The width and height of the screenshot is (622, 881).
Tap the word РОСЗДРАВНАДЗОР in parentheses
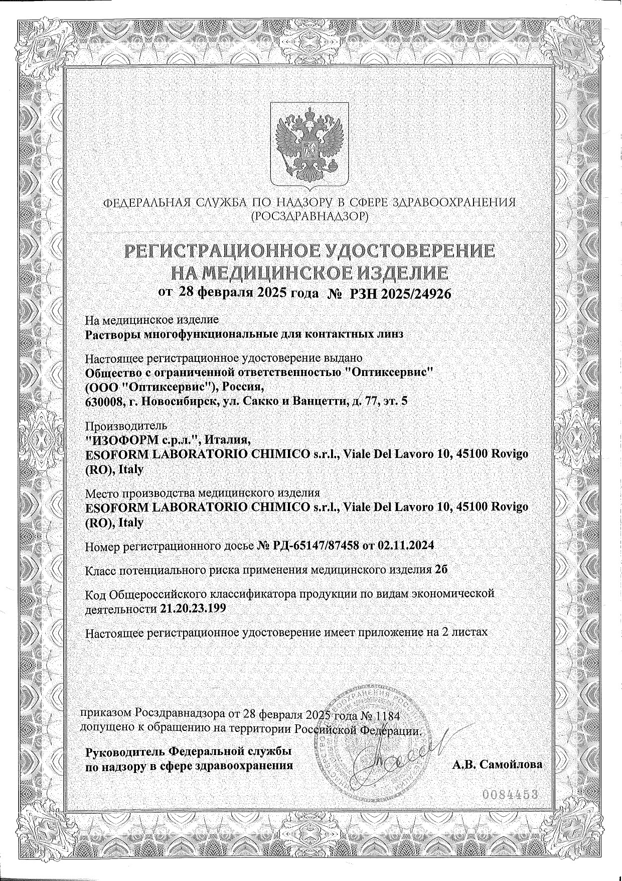click(310, 216)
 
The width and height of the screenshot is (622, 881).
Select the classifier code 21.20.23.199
click(194, 609)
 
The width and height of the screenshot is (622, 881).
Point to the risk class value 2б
click(441, 570)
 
